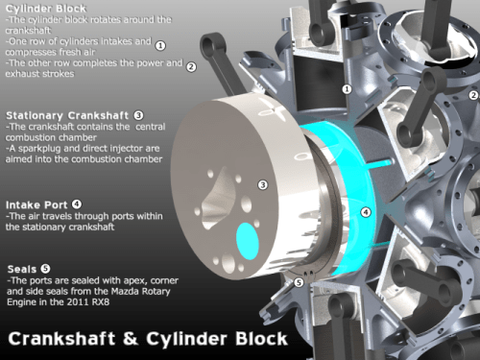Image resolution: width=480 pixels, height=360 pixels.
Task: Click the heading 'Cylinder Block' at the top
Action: point(46,9)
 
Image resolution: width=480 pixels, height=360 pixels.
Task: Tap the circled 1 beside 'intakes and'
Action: point(160,45)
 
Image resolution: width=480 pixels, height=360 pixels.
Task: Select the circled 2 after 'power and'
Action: point(191,67)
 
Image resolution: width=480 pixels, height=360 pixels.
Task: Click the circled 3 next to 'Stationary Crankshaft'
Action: point(138,115)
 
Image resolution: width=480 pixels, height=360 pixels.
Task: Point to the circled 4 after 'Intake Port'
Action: point(77,204)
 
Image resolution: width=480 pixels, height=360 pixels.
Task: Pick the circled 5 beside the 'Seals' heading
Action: point(45,269)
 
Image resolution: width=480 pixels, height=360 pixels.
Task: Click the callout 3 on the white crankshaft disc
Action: point(263,184)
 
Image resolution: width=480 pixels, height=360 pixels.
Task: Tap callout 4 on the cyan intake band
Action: point(366,212)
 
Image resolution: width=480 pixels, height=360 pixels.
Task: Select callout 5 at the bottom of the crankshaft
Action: point(299,282)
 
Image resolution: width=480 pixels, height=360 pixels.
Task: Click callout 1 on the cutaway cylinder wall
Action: point(347,89)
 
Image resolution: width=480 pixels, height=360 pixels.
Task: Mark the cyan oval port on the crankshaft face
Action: point(248,241)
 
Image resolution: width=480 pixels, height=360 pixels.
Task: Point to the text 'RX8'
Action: point(101,302)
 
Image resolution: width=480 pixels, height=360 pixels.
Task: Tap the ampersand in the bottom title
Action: point(131,339)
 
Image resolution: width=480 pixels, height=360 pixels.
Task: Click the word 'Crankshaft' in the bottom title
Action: point(61,339)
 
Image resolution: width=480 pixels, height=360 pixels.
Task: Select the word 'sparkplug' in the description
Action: point(41,149)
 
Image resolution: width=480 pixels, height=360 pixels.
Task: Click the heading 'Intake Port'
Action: point(36,204)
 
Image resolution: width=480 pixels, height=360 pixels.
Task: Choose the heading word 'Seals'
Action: point(22,269)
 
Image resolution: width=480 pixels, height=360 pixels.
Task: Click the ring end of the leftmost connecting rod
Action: point(210,44)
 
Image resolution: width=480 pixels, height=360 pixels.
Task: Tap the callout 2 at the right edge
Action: point(474,95)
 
